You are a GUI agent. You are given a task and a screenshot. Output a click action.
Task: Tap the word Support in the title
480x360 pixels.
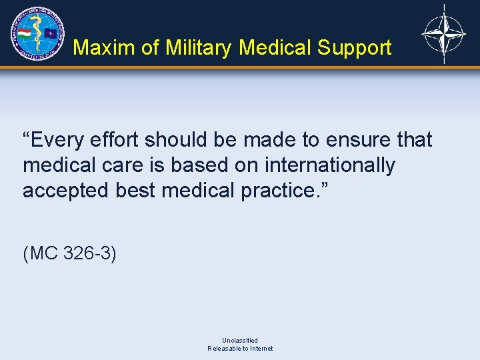pos(354,47)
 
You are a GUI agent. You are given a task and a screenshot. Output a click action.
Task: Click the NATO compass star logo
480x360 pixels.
pos(444,33)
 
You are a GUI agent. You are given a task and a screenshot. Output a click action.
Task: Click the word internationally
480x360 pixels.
pos(329,165)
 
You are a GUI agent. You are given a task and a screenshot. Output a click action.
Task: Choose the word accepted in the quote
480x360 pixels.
pos(66,191)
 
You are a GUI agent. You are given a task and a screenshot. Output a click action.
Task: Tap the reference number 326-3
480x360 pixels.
pos(89,254)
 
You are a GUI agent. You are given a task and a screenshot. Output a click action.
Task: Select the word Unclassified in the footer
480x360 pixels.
pos(240,340)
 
